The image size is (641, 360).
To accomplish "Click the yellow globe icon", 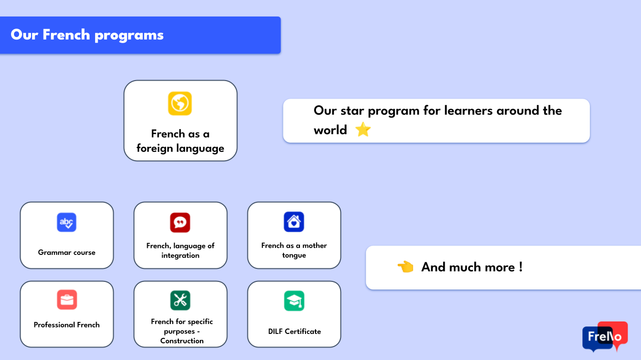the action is click(180, 103).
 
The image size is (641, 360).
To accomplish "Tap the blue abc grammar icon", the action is click(67, 222).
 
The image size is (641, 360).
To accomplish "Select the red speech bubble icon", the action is click(180, 222).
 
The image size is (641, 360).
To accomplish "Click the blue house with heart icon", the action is click(294, 222).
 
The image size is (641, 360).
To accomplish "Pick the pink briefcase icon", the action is click(67, 299).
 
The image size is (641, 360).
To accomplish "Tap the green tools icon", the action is click(180, 300).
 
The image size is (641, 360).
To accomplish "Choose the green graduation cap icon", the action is click(294, 301).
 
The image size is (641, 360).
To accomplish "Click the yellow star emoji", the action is click(363, 129).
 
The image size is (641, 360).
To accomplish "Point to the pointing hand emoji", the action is click(406, 267).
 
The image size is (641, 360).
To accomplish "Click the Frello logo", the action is click(605, 336).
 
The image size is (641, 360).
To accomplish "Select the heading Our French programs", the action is click(87, 35).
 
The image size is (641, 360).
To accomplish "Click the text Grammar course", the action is click(67, 252).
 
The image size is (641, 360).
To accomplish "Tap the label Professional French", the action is click(67, 325).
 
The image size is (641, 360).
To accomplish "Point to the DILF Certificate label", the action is click(294, 331).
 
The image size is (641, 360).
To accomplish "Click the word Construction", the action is click(182, 341).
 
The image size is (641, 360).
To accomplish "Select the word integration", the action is click(180, 255).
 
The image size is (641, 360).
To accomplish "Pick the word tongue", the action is click(294, 255).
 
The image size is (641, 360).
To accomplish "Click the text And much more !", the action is click(472, 267).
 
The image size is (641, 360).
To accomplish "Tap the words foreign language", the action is click(180, 148).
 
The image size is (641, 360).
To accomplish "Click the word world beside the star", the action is click(330, 130).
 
